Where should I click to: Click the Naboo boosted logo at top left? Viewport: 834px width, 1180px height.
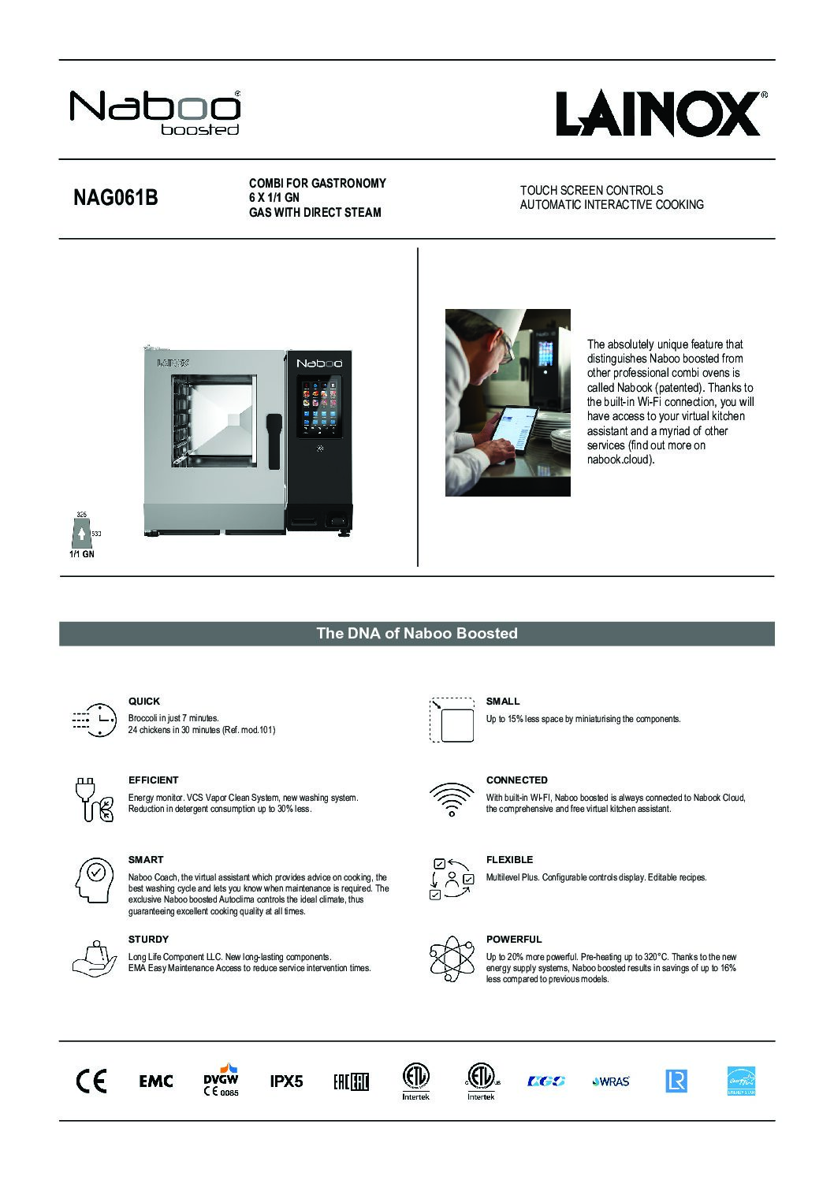tap(155, 113)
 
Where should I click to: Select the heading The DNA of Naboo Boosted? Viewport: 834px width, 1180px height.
tap(416, 633)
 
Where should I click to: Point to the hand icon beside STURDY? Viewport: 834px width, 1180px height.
tap(93, 958)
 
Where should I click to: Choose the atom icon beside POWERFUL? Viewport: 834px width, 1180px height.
tap(450, 959)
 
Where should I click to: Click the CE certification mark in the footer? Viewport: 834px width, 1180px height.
tap(91, 1081)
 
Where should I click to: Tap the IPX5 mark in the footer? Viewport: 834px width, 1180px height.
tap(286, 1081)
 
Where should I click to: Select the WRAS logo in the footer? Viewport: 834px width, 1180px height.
tap(611, 1081)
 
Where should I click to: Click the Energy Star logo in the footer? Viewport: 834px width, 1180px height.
tap(741, 1081)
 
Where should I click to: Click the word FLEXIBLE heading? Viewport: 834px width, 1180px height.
tap(509, 859)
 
